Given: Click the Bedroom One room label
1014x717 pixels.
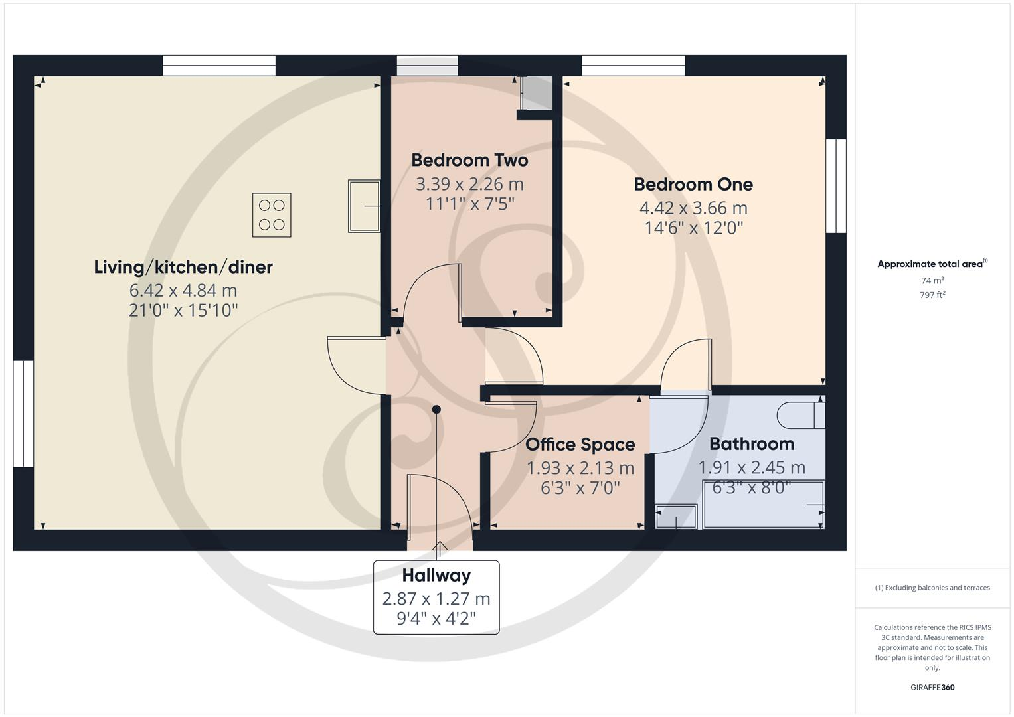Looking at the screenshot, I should [693, 184].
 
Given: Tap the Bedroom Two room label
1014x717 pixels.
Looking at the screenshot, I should [469, 160].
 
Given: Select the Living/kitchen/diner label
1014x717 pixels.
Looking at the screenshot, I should [183, 267].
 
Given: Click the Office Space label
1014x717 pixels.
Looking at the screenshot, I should [580, 444].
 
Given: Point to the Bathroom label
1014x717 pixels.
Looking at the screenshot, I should [751, 443].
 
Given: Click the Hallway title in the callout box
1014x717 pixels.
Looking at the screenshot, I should [436, 575].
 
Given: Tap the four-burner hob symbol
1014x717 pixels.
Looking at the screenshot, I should [272, 215].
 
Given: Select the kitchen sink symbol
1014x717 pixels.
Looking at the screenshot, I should [364, 206].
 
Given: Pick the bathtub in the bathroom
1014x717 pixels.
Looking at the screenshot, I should [763, 505].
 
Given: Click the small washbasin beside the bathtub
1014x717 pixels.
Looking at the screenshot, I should [677, 517].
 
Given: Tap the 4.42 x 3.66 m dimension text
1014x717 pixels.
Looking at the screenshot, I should [693, 208].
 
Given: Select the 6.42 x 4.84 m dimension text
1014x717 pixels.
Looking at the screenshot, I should [183, 290].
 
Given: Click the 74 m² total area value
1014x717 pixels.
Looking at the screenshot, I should [932, 281].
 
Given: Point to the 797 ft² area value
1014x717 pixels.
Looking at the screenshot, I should [932, 295].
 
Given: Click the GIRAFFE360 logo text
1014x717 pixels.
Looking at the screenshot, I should [932, 687].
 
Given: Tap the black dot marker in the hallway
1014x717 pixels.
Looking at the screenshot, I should [436, 410].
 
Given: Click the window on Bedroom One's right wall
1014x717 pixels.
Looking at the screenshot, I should [836, 186].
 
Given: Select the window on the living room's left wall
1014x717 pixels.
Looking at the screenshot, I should [23, 414].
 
